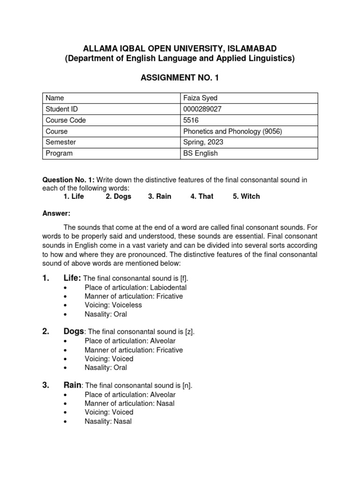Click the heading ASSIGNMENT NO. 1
click(180, 77)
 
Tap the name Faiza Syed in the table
click(200, 98)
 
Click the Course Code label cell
click(66, 120)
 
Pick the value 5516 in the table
click(191, 120)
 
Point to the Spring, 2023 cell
click(203, 142)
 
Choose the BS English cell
click(200, 153)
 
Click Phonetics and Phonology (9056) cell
click(233, 131)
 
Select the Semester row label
click(60, 142)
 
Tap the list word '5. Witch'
click(246, 196)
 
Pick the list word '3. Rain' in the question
click(159, 196)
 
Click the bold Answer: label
click(56, 213)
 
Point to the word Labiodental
click(168, 287)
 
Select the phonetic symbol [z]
click(189, 332)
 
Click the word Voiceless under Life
click(126, 305)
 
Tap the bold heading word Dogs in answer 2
click(74, 331)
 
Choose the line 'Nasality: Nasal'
click(108, 421)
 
